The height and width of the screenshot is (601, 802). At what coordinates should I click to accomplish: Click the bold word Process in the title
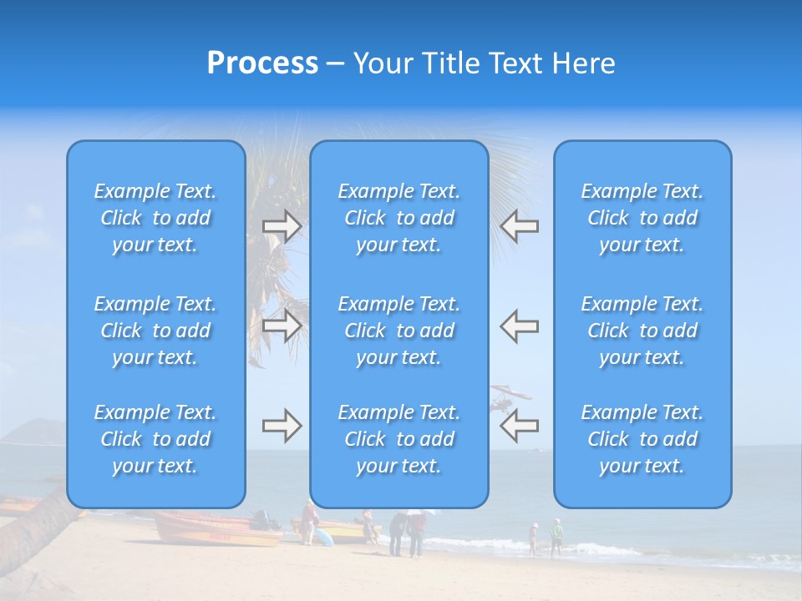[262, 63]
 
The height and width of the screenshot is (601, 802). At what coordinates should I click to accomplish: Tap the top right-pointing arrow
[282, 226]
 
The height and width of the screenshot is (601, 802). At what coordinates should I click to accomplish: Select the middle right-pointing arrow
[282, 326]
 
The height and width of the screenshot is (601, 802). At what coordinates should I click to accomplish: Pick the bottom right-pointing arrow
[282, 426]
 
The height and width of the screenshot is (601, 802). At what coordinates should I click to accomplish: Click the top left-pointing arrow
[519, 226]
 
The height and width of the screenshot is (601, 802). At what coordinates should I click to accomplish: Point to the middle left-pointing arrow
[519, 326]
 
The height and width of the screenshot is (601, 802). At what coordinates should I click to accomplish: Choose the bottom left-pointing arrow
[519, 426]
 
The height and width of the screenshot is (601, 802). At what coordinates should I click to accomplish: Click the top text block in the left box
[155, 218]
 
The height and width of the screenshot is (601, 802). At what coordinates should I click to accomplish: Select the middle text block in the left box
[155, 331]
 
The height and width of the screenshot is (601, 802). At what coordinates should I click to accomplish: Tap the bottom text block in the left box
[155, 439]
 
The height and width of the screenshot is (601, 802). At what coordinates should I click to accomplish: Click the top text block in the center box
[398, 218]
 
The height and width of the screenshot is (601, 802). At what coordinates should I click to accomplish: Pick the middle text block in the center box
[398, 331]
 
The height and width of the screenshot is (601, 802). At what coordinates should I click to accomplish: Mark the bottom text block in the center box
[398, 439]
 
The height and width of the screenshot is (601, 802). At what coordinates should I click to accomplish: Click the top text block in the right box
[642, 218]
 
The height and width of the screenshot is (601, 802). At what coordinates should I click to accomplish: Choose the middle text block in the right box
[642, 331]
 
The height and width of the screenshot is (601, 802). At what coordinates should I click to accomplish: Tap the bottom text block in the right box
[642, 439]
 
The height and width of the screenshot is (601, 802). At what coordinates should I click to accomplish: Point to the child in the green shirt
[556, 535]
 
